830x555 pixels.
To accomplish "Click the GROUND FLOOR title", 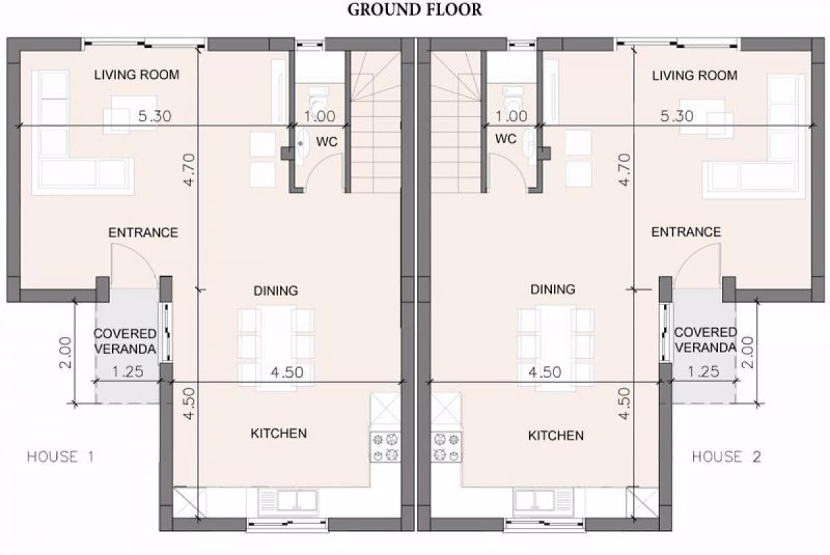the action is [x=414, y=10].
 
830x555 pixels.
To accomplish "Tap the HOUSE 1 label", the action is [x=61, y=456].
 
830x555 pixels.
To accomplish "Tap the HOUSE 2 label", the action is [x=727, y=456].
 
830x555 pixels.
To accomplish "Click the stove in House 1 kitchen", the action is [x=385, y=447].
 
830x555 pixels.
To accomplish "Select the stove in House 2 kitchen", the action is [x=446, y=447].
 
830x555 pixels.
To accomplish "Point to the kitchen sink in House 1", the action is [x=288, y=501].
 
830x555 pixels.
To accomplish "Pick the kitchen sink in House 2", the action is [x=543, y=501].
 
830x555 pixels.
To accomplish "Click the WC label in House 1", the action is [x=326, y=142].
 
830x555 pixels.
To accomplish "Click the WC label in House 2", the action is [x=506, y=139].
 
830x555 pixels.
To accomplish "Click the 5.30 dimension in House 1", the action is [x=154, y=116].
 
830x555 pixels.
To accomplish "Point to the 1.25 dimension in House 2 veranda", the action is [x=703, y=371].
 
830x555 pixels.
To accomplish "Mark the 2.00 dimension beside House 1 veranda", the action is [x=66, y=352].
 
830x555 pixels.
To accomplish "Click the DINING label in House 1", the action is [x=276, y=291].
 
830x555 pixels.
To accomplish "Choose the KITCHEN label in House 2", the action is [x=556, y=435].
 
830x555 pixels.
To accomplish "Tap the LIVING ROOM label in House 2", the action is [x=694, y=75].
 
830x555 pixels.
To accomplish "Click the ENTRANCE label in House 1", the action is [x=143, y=233].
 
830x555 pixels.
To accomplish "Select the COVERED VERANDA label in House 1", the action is [x=125, y=341].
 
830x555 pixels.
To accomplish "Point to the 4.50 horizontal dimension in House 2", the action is [x=545, y=372].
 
